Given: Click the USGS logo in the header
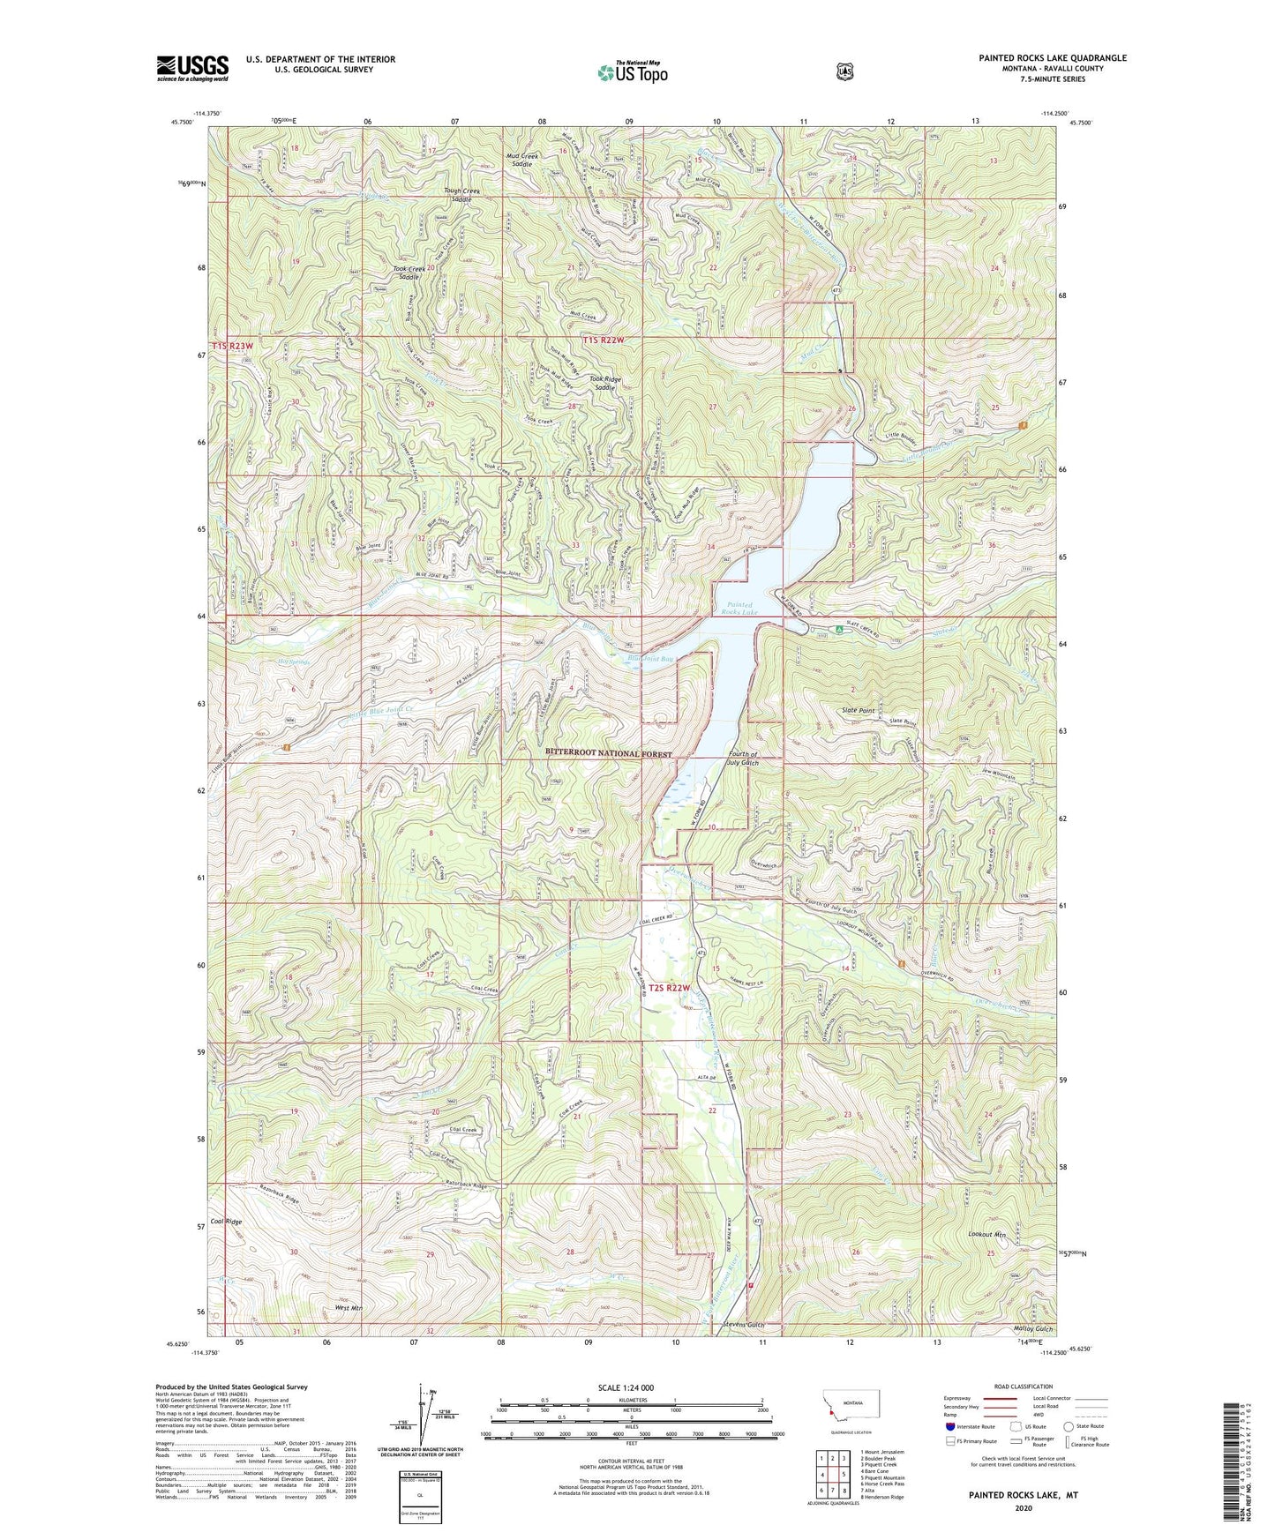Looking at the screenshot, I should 192,67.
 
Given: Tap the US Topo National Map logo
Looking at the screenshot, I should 630,71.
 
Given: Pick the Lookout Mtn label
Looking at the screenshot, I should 986,1234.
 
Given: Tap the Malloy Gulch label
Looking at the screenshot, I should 1033,1328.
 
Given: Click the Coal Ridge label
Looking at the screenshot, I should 227,1222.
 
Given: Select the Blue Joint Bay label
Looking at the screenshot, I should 650,658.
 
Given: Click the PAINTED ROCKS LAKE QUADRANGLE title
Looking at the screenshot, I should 1052,58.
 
